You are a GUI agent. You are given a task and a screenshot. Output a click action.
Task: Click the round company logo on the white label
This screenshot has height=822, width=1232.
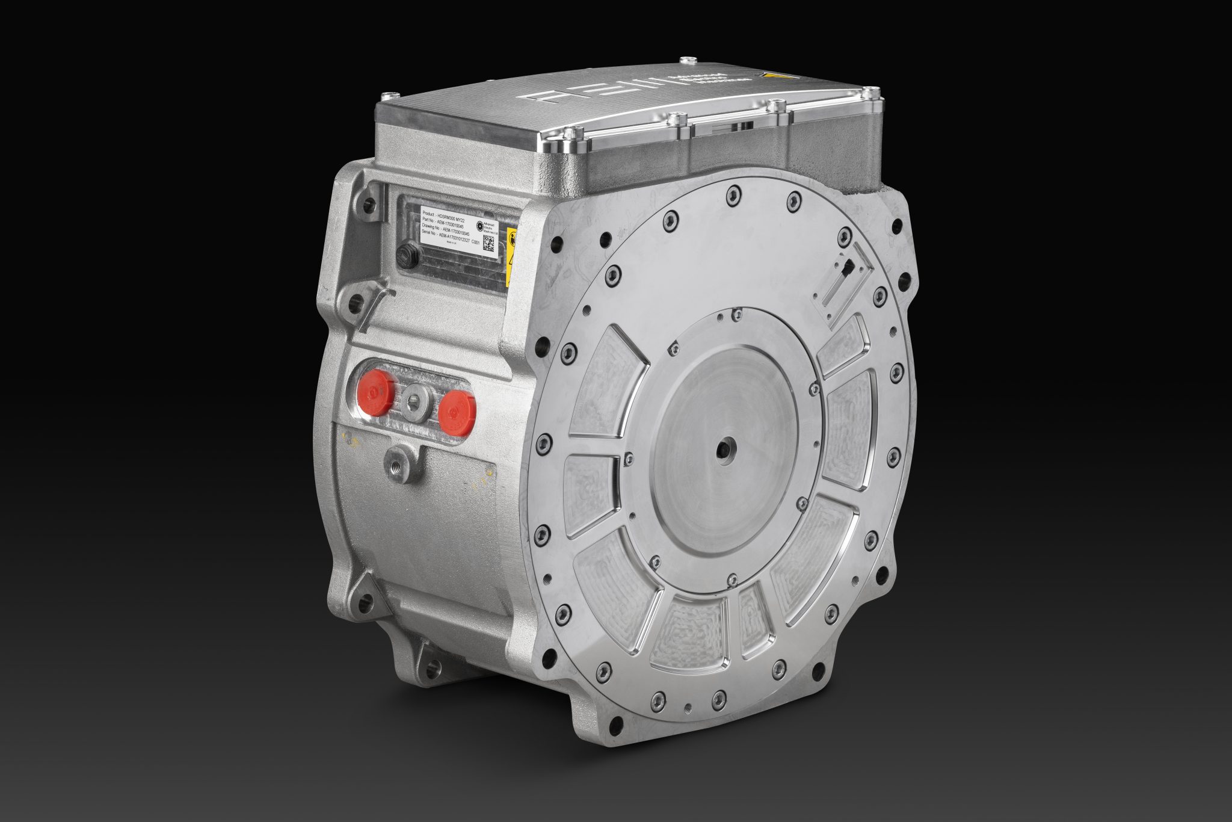480,226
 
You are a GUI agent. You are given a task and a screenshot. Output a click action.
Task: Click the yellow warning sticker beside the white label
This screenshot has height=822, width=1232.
510,256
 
